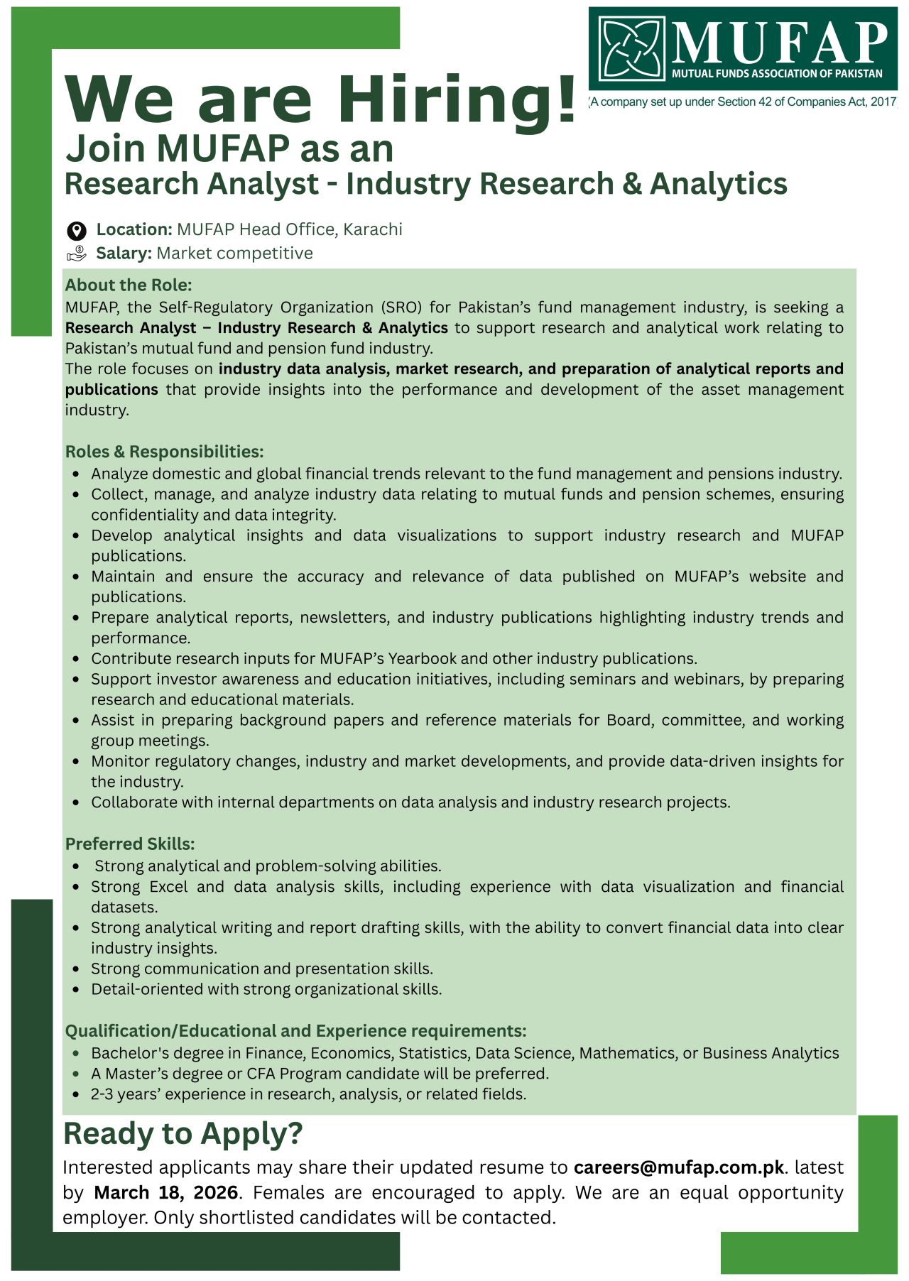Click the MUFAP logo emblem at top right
631,48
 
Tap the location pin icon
76,231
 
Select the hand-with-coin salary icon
76,254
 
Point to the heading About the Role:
129,285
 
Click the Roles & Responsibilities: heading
164,452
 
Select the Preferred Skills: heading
130,844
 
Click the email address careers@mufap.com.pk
679,1167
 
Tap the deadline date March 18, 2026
165,1192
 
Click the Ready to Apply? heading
183,1134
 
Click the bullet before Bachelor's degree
76,1054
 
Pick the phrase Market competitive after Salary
234,254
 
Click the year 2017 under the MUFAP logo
883,102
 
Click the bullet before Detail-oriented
76,990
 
